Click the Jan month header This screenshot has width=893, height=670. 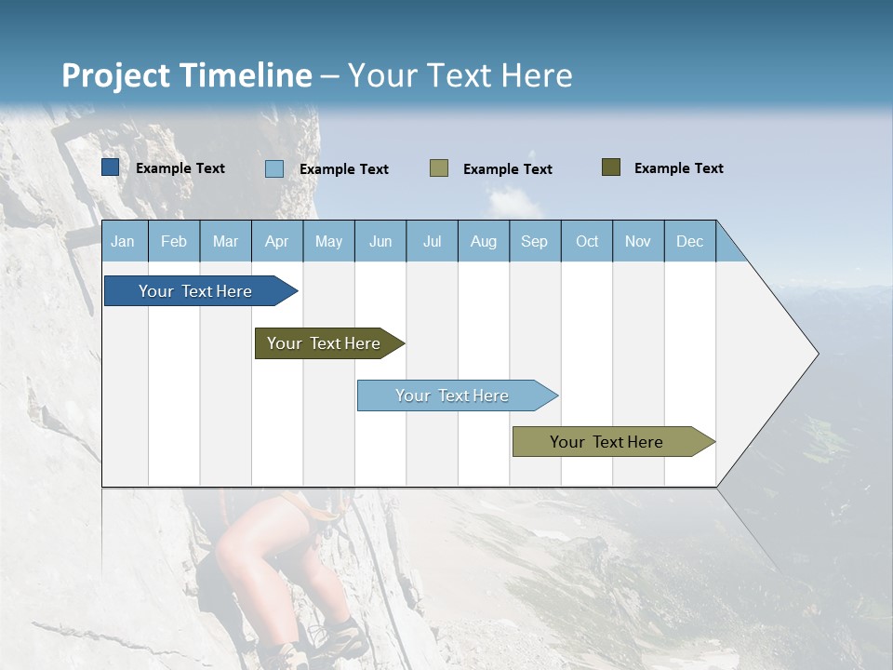124,241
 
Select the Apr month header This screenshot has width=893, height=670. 277,241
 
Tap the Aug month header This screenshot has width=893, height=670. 483,241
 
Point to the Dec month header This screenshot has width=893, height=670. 689,241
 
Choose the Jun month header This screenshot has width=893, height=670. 380,241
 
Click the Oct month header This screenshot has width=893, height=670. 586,241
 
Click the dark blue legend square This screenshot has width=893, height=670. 110,167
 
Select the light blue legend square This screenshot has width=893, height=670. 274,168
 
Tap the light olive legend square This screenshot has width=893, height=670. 439,168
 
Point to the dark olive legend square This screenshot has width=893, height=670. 611,167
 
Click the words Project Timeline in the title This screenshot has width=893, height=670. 186,75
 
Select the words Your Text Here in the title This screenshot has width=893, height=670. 460,75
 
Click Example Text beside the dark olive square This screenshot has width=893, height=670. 678,168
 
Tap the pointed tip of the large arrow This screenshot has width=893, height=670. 815,354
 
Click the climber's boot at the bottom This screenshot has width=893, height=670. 335,642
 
